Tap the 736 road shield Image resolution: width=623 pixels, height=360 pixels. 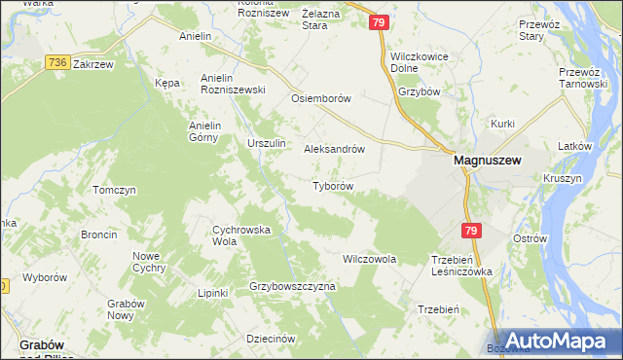[x=56, y=62]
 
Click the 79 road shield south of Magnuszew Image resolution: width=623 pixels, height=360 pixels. [x=471, y=231]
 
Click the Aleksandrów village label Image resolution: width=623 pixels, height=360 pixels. [x=335, y=150]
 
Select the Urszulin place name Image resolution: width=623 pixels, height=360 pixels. [x=267, y=144]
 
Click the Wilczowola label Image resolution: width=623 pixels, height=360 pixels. [x=370, y=260]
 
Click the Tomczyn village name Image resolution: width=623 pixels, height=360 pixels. [x=113, y=190]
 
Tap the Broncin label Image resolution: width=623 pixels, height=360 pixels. [x=99, y=234]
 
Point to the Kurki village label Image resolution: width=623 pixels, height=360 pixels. [x=502, y=124]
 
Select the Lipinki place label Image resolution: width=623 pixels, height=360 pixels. [x=212, y=293]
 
